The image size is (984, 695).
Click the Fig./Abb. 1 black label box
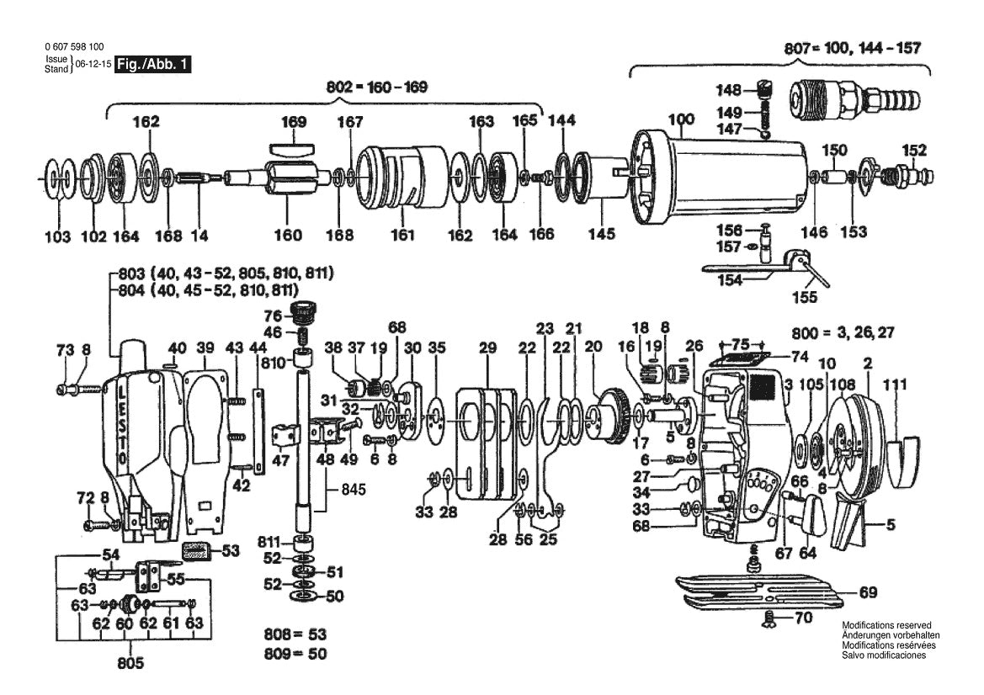coord(152,65)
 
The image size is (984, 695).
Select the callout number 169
coord(293,122)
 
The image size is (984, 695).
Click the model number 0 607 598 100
coord(74,46)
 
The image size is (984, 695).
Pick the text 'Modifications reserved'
coord(886,625)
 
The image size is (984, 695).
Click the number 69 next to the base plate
coord(867,592)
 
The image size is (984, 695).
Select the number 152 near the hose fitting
coord(914,151)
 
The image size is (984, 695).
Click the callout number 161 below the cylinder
coord(402,236)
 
